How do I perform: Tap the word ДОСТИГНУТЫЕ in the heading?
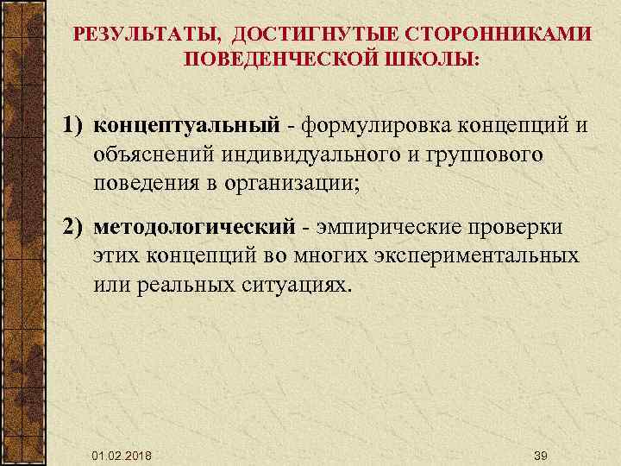tap(304, 34)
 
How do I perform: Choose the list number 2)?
tap(74, 226)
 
